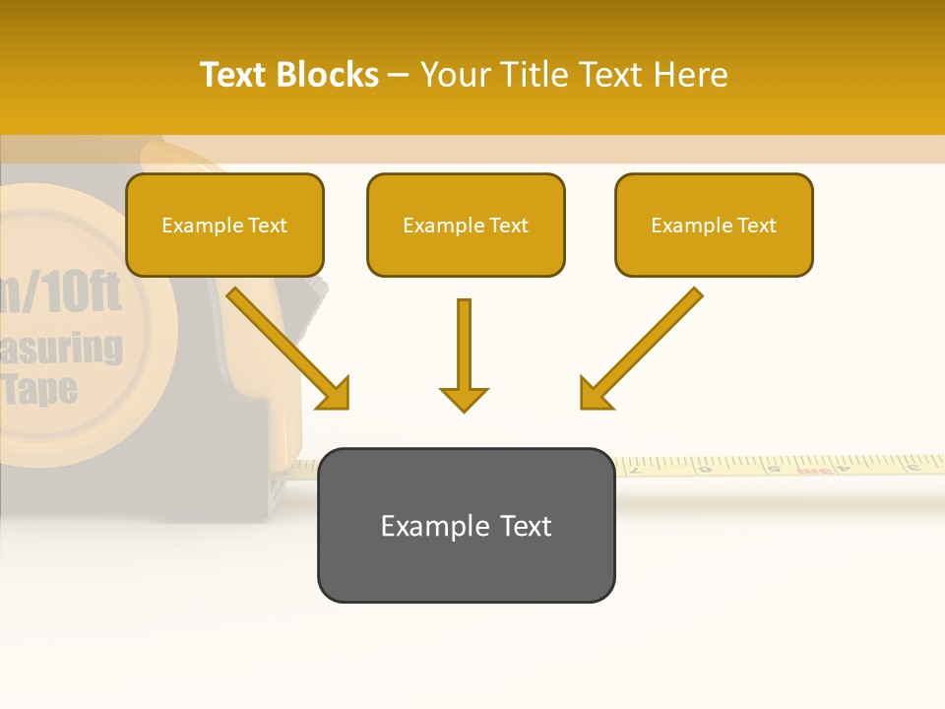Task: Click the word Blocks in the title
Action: (x=327, y=75)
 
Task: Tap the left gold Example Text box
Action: (x=224, y=225)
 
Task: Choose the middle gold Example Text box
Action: (x=466, y=225)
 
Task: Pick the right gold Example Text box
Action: (x=714, y=225)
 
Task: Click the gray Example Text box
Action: (x=466, y=525)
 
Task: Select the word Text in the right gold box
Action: (x=756, y=226)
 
